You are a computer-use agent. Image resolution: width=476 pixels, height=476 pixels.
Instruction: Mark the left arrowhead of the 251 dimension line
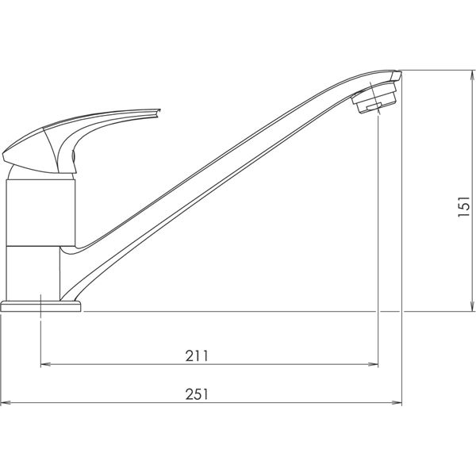pos(6,403)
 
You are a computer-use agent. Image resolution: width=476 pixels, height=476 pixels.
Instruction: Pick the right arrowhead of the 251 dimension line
pos(396,403)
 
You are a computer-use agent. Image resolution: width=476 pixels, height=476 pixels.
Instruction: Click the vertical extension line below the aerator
pos(378,238)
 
